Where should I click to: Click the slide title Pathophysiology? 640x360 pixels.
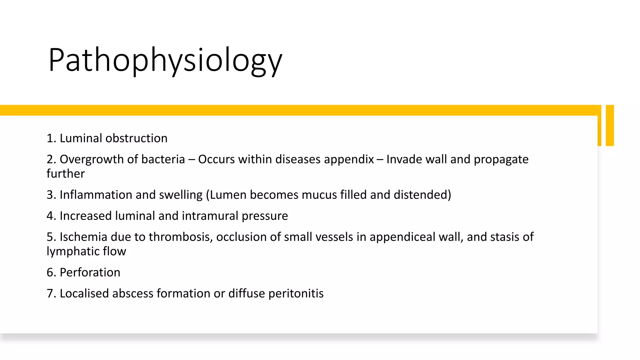tap(165, 60)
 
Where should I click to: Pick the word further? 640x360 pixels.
tap(66, 174)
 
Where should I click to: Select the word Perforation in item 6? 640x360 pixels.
tap(90, 272)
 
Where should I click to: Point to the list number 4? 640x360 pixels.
tap(50, 216)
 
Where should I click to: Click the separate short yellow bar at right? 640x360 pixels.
tap(610, 125)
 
